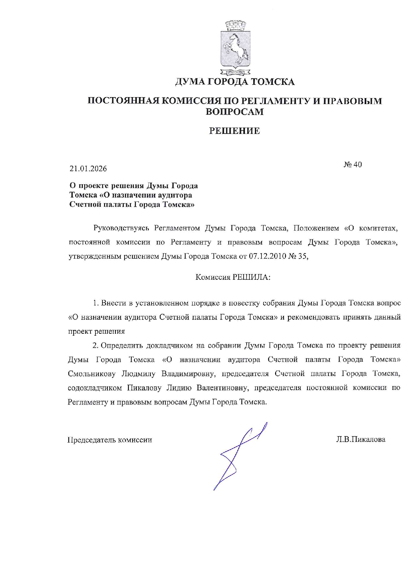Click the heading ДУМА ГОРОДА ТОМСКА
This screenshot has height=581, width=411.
click(x=235, y=82)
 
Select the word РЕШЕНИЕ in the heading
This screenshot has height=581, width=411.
click(x=234, y=131)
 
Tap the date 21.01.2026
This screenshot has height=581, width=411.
click(x=88, y=169)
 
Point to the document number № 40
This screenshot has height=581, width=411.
click(x=353, y=164)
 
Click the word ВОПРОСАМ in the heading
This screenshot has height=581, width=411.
click(x=234, y=112)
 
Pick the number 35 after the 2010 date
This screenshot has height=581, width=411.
click(x=302, y=257)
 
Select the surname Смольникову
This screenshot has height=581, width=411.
click(x=92, y=374)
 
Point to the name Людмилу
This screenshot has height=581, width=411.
click(x=139, y=374)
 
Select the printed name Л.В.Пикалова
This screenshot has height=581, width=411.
click(x=361, y=440)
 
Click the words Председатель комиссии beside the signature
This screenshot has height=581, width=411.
click(x=110, y=440)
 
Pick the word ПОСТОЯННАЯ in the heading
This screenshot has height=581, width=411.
click(x=122, y=101)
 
